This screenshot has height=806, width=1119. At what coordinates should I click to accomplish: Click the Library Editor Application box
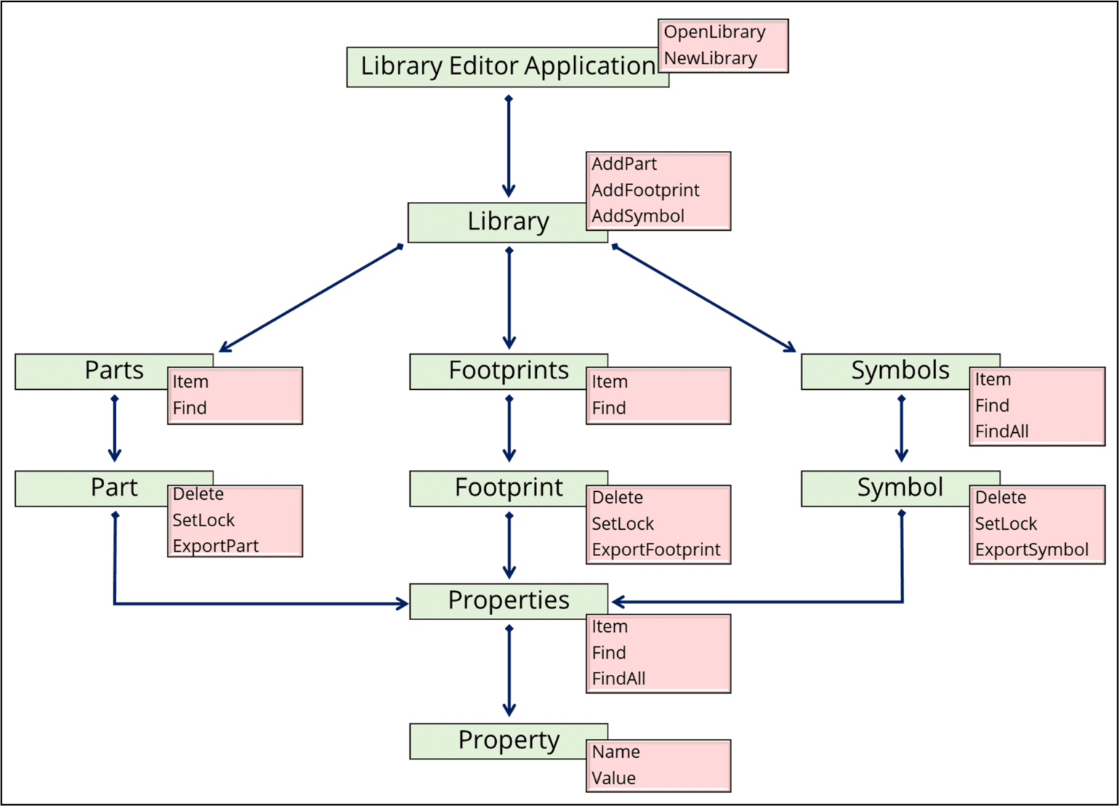507,67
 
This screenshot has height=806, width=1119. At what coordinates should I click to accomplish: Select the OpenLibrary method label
714,32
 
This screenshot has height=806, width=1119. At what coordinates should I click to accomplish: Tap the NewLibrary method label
710,58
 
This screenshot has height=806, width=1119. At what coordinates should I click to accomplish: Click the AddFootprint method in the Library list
645,190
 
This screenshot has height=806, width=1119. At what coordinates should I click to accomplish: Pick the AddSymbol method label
637,216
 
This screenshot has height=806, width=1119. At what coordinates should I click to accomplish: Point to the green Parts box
114,370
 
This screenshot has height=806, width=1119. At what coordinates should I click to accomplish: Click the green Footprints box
508,370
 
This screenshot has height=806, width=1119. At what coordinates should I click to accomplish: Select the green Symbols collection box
900,370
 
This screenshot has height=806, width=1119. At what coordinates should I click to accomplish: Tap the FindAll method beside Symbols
1002,431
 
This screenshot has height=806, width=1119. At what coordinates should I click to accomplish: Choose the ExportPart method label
215,546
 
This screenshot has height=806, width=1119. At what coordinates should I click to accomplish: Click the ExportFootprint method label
656,549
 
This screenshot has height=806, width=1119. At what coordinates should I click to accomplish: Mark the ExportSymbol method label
1032,549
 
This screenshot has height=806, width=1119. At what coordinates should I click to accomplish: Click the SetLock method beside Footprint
622,524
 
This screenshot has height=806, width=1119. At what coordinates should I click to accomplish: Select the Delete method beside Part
198,494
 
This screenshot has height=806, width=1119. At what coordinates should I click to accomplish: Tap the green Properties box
508,600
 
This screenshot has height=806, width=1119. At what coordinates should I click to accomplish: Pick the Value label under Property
613,778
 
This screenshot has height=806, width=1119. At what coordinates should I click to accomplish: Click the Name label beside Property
616,752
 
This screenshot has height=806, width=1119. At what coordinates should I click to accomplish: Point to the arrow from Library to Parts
311,299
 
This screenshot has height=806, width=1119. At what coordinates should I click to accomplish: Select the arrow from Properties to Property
509,670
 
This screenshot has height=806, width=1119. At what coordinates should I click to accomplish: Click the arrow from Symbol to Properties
902,583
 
